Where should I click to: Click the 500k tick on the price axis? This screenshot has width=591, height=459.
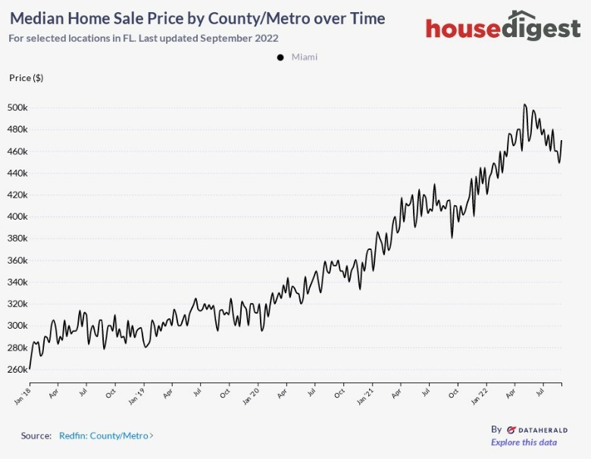point(17,108)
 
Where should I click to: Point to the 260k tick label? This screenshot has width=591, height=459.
point(17,370)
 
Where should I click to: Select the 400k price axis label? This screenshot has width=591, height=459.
point(17,217)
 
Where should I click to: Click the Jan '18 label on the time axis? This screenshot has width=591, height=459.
point(23,395)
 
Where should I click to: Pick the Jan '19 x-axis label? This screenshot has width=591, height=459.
point(136,395)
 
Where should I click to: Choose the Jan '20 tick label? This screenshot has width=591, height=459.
point(250,395)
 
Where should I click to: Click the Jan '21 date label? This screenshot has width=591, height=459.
point(364,395)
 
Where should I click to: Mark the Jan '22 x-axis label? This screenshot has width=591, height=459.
point(479,395)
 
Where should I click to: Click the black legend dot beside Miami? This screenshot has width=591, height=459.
point(280,58)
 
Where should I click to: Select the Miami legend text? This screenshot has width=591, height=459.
point(305,58)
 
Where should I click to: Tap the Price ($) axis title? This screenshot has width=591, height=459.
point(26,78)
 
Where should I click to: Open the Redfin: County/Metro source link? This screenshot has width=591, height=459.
point(105,436)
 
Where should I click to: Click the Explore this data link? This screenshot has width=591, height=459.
point(524,442)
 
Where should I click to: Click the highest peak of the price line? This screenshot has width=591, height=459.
point(524,105)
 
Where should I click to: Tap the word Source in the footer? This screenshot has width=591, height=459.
point(36,436)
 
